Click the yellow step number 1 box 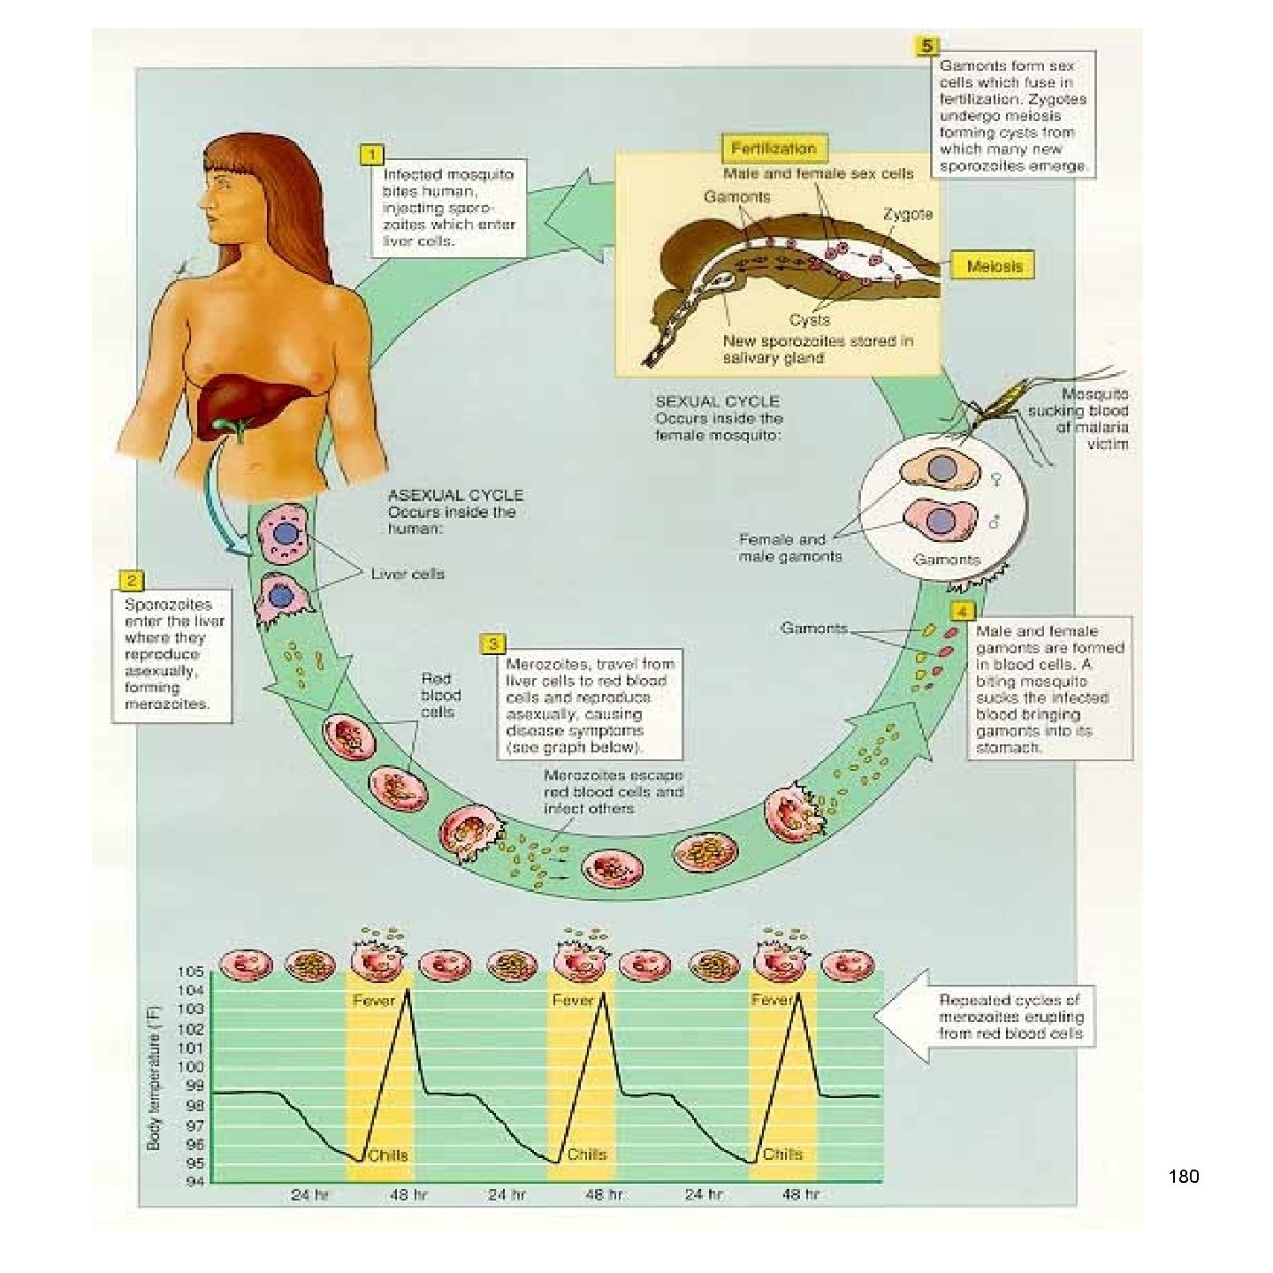(372, 155)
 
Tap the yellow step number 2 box (131, 581)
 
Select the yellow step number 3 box (492, 644)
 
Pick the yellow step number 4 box (962, 612)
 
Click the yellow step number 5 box (926, 45)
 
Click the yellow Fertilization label (774, 149)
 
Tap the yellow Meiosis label (994, 266)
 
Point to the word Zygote (907, 214)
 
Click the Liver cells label (407, 574)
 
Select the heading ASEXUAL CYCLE (455, 495)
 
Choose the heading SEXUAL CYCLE (717, 401)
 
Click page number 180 (1183, 1177)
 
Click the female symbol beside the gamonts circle (995, 480)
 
